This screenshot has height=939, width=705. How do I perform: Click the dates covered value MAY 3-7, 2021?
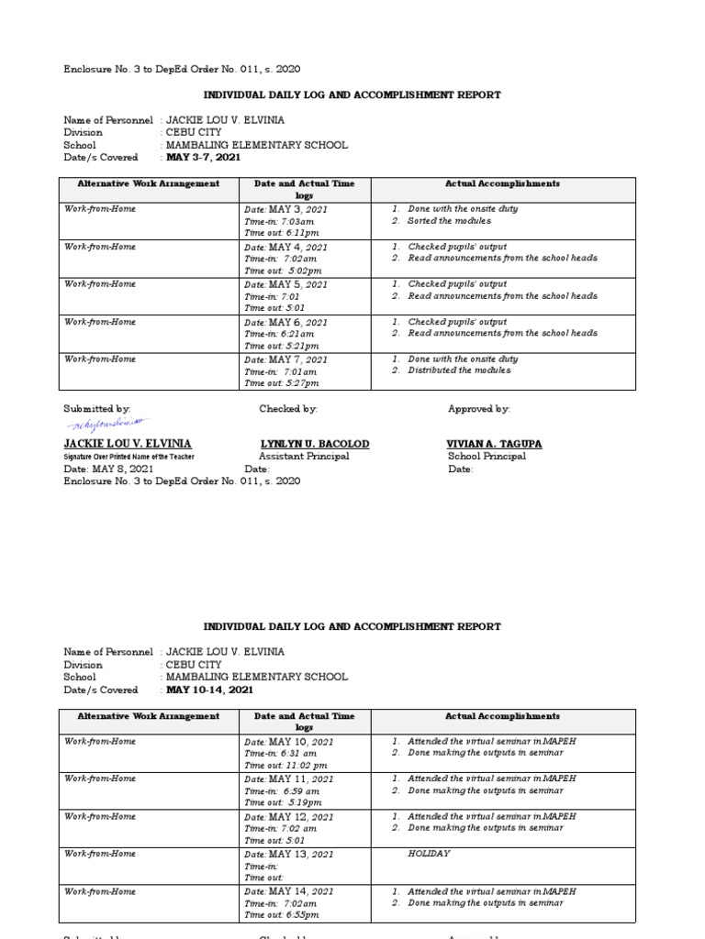(x=203, y=157)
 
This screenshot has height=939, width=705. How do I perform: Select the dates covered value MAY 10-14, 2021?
(x=209, y=690)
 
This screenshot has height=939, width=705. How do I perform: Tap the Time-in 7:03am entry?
(x=280, y=222)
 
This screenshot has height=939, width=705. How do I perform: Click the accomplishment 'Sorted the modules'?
(x=449, y=221)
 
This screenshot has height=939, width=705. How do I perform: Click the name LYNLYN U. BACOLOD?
(x=315, y=444)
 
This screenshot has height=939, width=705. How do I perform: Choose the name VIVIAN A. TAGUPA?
(x=494, y=444)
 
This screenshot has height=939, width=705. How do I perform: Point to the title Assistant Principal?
(x=304, y=457)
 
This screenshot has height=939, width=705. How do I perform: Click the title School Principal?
(x=487, y=457)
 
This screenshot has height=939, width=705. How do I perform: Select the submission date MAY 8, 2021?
(x=102, y=469)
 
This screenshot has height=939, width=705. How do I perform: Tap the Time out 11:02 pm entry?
(x=285, y=766)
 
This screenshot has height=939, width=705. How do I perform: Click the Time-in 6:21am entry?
(x=281, y=335)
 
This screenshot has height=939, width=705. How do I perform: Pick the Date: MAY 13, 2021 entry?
(x=288, y=854)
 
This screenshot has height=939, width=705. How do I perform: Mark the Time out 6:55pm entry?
(x=282, y=915)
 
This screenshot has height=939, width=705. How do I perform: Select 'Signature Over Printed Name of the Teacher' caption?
(x=129, y=457)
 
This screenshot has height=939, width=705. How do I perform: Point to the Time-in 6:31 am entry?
(x=282, y=754)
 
